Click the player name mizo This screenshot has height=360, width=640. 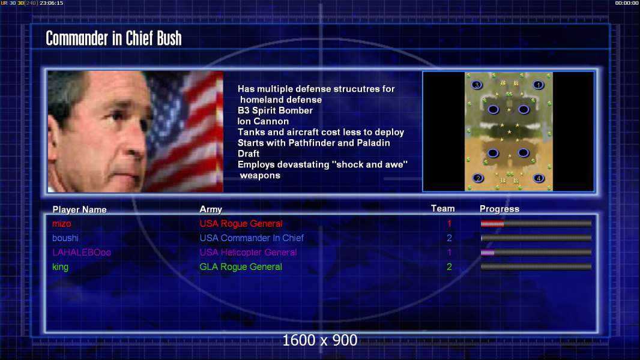(62, 224)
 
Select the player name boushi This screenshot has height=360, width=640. (65, 238)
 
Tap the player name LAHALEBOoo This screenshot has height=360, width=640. (82, 253)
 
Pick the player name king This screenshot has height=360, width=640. (61, 267)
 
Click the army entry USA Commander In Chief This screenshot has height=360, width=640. (252, 238)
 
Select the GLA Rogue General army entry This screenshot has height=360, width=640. (240, 267)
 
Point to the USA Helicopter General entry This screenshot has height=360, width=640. (248, 253)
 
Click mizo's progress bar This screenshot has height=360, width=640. (536, 223)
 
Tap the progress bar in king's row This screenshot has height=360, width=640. (536, 266)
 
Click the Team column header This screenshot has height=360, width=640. (443, 209)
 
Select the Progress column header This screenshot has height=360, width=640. (500, 209)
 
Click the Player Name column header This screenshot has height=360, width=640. (80, 210)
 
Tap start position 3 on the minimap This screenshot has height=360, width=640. (477, 85)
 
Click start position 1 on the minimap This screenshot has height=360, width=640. (539, 85)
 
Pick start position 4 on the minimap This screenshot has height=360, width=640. (539, 178)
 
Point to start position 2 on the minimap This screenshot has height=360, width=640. (478, 178)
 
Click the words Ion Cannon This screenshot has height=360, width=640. (264, 121)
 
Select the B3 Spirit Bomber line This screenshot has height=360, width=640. (275, 110)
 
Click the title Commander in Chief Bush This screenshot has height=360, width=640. (113, 38)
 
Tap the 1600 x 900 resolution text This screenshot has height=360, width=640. (319, 340)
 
